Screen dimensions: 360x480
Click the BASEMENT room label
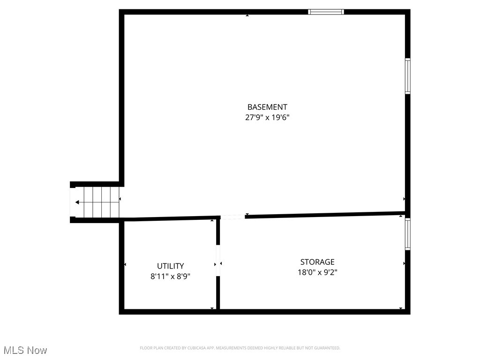(267, 107)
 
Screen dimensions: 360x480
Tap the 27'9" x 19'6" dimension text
(267, 118)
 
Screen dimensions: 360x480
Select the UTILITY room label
(170, 266)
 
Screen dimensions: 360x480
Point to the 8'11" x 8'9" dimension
(170, 277)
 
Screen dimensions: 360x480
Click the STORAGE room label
(317, 262)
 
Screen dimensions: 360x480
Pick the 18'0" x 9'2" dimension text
(317, 272)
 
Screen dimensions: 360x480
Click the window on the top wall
(326, 12)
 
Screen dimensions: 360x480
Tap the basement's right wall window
(408, 76)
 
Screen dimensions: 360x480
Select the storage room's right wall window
(408, 234)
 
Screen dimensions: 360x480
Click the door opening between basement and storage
(232, 217)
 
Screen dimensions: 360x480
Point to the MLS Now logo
(25, 350)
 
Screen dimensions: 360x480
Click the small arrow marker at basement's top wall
(247, 15)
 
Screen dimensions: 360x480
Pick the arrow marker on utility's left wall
(125, 264)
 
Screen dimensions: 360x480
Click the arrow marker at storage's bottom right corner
(401, 308)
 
